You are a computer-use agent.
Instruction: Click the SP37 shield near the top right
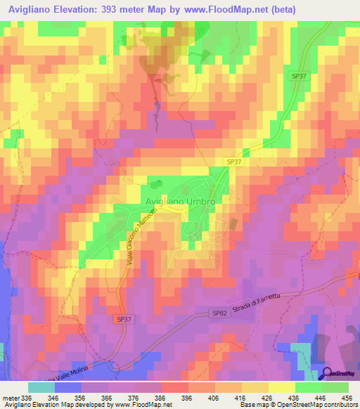coord(300,76)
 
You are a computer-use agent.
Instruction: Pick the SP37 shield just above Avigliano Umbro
coord(234,162)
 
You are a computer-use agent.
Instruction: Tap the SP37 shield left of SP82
coord(122,319)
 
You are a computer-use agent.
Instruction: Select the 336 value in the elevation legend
coord(27,397)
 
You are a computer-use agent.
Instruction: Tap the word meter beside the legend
coord(10,397)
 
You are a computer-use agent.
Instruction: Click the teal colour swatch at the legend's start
coord(41,387)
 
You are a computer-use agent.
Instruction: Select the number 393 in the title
coord(122,9)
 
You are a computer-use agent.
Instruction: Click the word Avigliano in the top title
coord(31,9)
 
